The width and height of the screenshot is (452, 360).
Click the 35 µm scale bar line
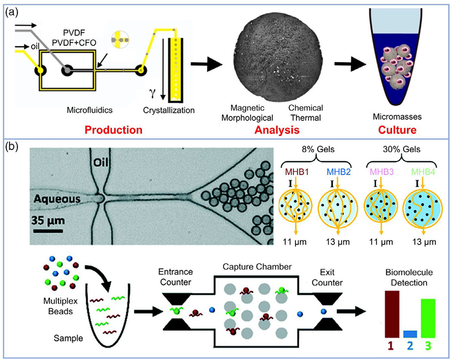[x=47, y=231]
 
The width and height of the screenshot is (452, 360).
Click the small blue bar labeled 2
[x=410, y=334]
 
